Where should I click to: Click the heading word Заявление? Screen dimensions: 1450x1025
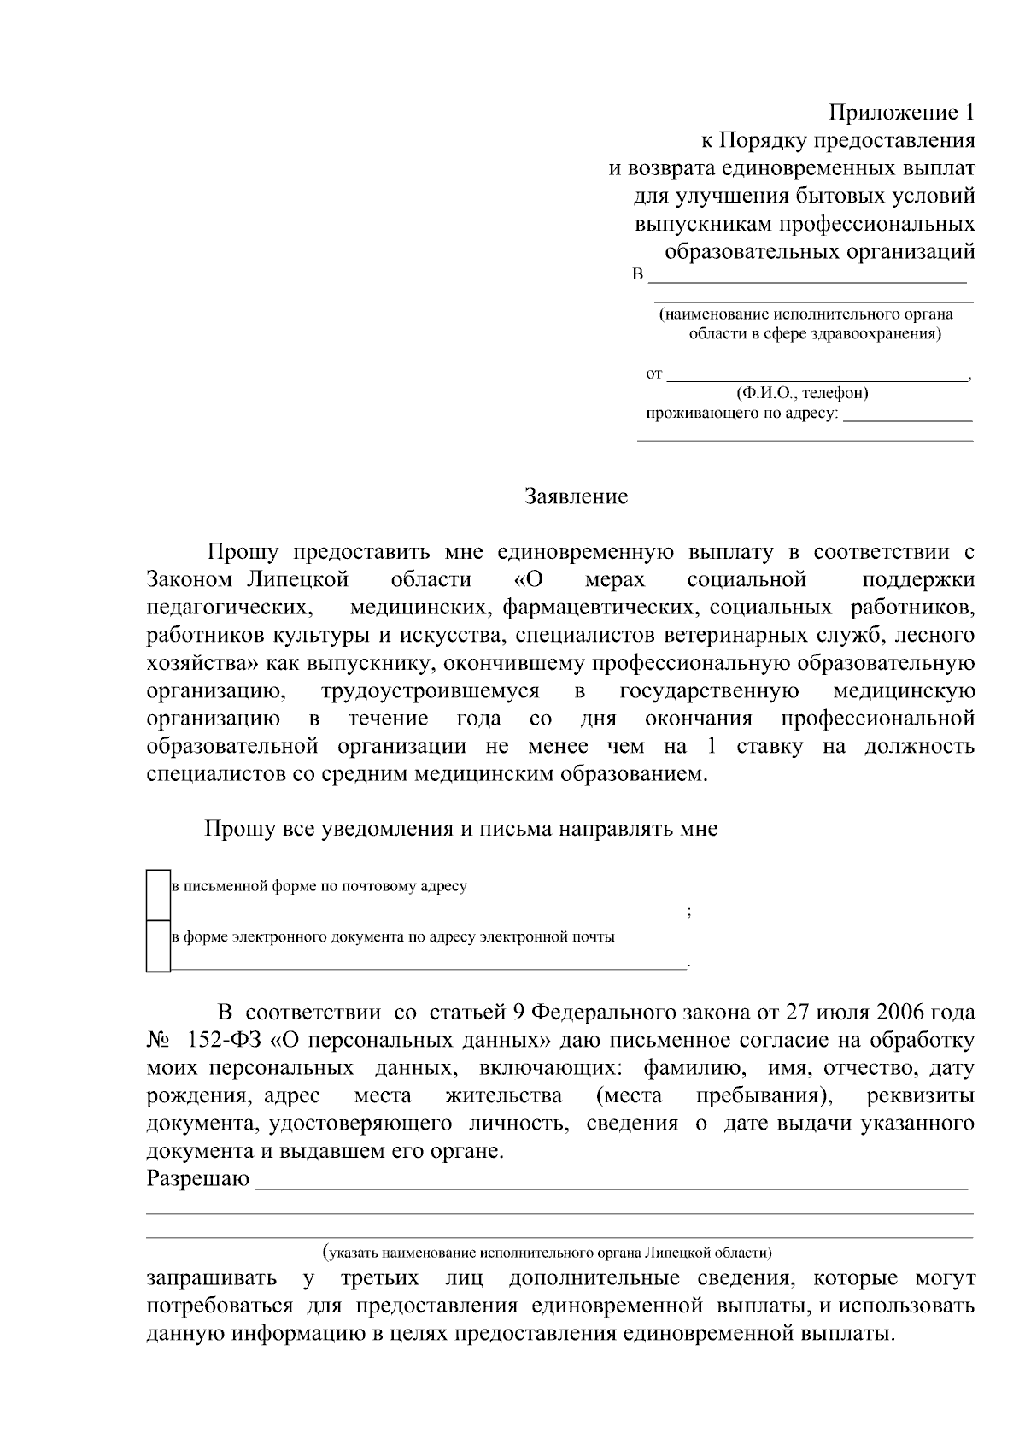click(576, 496)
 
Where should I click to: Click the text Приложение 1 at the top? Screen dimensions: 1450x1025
click(902, 113)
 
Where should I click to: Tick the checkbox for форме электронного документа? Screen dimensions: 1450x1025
click(158, 946)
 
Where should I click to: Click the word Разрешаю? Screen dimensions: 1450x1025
click(198, 1180)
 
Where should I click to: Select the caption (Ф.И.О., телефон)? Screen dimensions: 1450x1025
click(802, 394)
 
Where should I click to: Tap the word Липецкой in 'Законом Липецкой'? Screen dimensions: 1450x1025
click(297, 580)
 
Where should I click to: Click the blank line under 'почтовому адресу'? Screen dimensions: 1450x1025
click(427, 915)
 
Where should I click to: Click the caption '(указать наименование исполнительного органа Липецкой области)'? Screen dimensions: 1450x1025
click(548, 1253)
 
